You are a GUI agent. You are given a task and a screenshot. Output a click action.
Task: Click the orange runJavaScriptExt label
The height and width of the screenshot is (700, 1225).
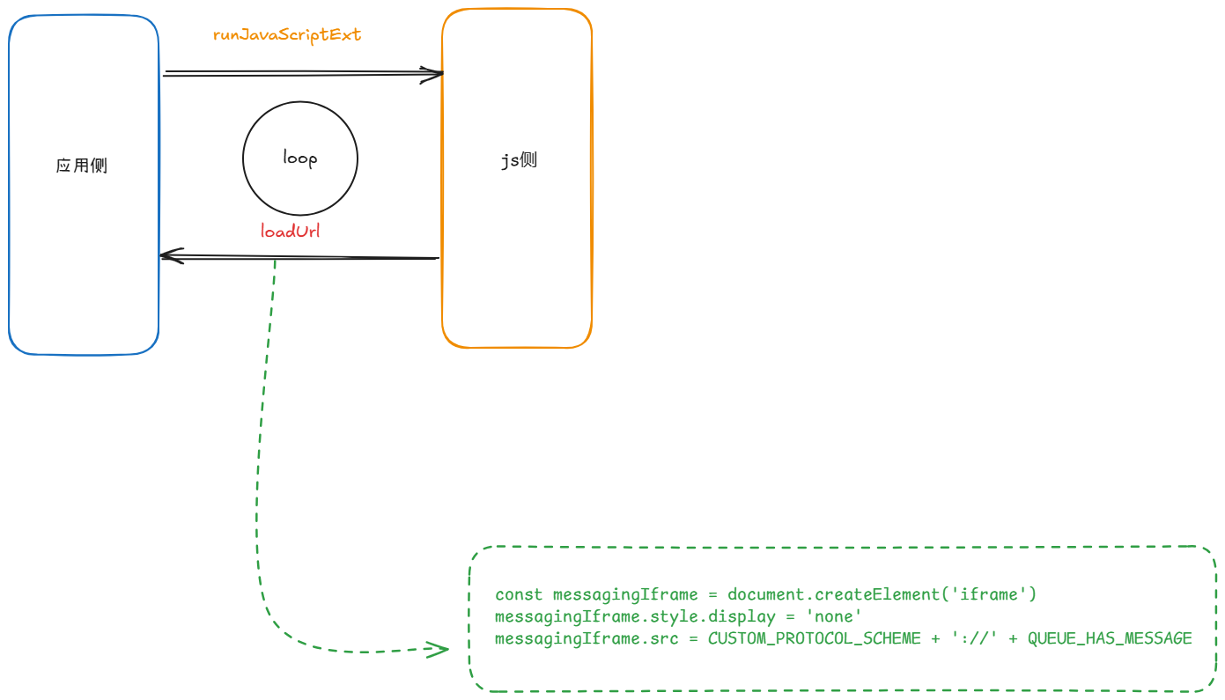[287, 35]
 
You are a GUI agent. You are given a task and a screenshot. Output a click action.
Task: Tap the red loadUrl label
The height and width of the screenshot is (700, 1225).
[290, 232]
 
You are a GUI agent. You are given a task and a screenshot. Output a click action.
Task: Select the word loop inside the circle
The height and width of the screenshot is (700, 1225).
[299, 158]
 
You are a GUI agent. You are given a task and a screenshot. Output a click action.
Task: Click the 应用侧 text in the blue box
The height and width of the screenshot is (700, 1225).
[82, 166]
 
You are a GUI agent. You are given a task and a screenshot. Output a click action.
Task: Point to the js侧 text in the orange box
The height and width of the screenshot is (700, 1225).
[519, 160]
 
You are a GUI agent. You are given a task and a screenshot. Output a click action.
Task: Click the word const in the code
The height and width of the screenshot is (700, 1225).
[519, 595]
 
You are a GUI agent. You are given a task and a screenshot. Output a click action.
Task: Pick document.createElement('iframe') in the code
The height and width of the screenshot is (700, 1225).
[882, 595]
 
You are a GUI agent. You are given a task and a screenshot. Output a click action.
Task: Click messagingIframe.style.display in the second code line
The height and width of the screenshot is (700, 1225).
[635, 617]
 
